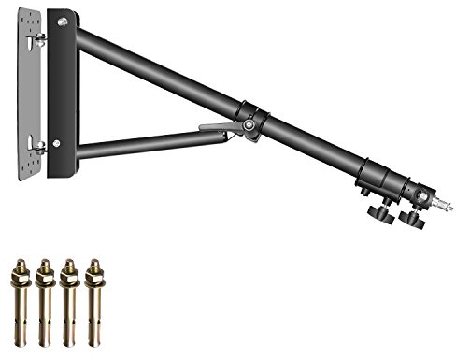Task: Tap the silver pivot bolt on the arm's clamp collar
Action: point(249,125)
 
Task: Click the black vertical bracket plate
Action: point(64,94)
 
